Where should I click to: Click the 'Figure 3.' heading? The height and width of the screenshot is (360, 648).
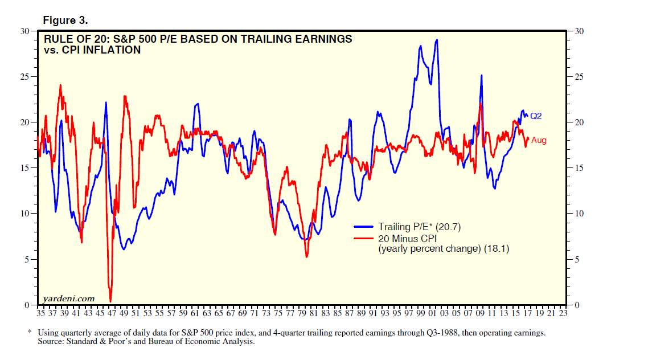pos(65,21)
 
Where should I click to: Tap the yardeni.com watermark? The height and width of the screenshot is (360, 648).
pos(69,298)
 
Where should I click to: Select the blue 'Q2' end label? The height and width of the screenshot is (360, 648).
pos(536,116)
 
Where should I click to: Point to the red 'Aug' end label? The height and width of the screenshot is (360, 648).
pos(539,140)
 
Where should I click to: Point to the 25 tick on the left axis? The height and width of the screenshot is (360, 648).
pos(32,76)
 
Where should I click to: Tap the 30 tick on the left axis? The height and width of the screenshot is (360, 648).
pos(32,31)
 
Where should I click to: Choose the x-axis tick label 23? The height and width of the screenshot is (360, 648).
pos(563,313)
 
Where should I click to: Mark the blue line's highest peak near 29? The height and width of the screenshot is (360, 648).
pos(437,40)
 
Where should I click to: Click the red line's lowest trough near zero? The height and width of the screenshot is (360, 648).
pos(110,301)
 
